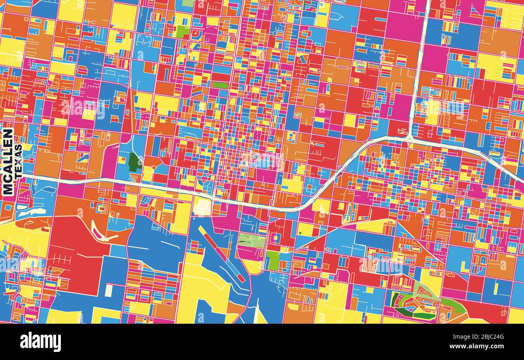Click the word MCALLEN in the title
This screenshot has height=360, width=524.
click(x=8, y=162)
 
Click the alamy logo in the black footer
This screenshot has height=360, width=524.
click(x=41, y=342)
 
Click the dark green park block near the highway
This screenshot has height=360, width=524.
click(x=135, y=162)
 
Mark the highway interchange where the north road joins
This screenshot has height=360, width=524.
click(x=409, y=138)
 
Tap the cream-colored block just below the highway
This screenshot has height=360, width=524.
click(x=202, y=207)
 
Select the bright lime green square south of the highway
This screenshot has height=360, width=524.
click(x=273, y=260)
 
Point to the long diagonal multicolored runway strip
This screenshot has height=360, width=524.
click(x=221, y=254)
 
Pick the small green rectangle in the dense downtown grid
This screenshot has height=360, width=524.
click(x=220, y=85)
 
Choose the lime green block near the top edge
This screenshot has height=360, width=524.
click(x=183, y=31)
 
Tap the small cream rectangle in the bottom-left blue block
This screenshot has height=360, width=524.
click(x=108, y=290)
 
